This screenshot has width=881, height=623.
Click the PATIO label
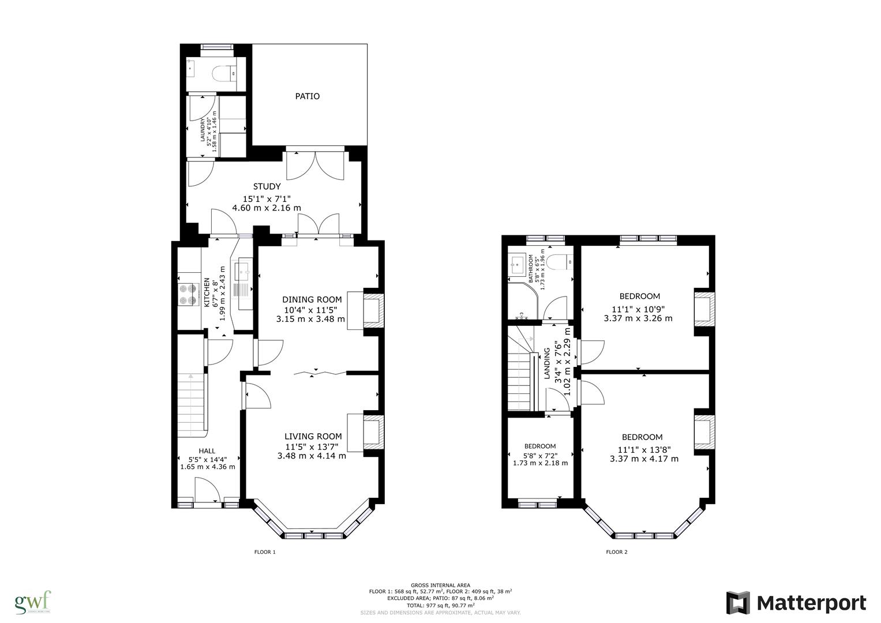click(x=307, y=96)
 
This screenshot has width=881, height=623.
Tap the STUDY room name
click(x=267, y=186)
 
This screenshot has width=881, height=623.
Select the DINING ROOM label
click(x=312, y=299)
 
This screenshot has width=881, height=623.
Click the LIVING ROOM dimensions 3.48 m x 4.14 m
click(x=312, y=456)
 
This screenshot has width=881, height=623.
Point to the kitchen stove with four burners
click(x=188, y=294)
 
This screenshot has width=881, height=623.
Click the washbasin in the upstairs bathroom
click(x=518, y=266)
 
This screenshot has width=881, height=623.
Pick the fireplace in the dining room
click(x=372, y=311)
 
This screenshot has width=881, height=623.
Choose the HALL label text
click(x=207, y=451)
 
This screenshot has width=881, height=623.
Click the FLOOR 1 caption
click(x=265, y=552)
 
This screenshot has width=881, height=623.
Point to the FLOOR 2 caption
click(x=616, y=552)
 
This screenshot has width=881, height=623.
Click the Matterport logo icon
click(x=738, y=603)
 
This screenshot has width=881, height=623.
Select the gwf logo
click(x=33, y=602)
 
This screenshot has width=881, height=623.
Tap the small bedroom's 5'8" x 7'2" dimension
click(x=540, y=455)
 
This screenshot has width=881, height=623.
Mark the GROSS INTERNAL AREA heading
click(x=440, y=585)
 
